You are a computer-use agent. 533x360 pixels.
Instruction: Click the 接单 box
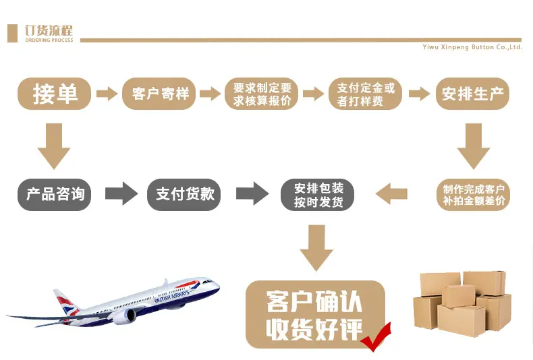54,94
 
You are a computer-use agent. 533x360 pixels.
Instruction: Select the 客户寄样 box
159,94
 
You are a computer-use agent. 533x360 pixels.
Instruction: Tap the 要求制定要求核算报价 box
261,94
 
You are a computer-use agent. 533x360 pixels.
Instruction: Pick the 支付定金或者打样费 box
366,94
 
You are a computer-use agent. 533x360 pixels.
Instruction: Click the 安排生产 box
472,94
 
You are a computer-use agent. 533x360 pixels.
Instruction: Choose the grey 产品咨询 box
54,195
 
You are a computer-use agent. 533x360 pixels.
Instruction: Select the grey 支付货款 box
184,195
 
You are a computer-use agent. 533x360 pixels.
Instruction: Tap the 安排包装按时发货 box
318,195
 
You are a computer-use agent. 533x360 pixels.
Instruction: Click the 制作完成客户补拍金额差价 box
473,195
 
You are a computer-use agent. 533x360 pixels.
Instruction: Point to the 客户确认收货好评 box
315,314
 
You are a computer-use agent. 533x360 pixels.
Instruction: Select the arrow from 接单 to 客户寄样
107,94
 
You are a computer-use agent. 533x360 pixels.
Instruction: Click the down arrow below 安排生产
473,146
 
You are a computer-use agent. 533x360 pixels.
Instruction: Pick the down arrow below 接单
54,146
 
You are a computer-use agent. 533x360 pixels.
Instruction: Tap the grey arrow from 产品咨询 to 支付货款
121,193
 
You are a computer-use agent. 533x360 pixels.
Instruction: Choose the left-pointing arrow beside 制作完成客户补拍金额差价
391,194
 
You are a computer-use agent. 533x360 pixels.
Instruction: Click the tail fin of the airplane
65,302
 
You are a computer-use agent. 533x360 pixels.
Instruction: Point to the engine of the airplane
124,316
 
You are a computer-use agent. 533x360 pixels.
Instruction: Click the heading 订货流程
49,30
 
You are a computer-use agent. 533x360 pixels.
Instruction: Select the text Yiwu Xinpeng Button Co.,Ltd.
472,47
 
